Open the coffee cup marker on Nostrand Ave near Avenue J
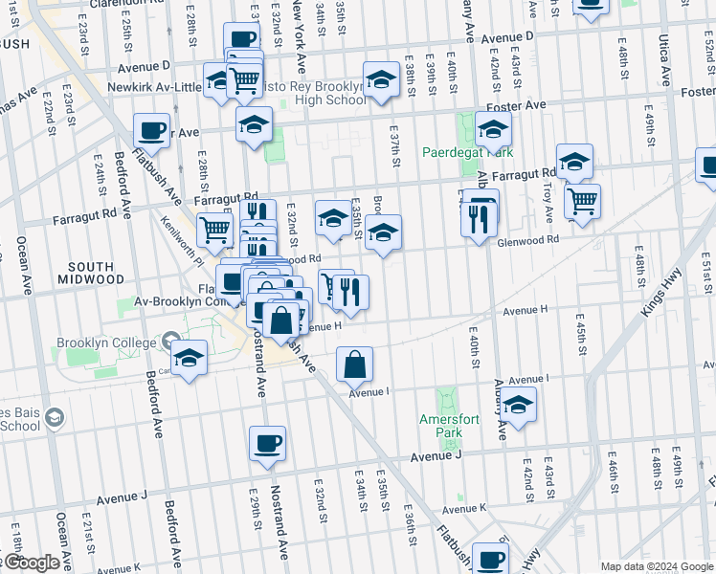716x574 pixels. pyautogui.click(x=267, y=443)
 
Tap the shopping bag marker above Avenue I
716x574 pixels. pyautogui.click(x=354, y=364)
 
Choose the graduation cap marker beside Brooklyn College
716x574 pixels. pyautogui.click(x=190, y=358)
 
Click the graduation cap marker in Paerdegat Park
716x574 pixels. pyautogui.click(x=493, y=129)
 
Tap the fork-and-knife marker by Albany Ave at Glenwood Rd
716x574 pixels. pyautogui.click(x=478, y=219)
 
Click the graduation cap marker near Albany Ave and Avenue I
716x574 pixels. pyautogui.click(x=519, y=405)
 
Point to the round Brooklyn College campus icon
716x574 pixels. pyautogui.click(x=170, y=340)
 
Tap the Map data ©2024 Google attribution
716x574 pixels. pyautogui.click(x=655, y=566)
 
